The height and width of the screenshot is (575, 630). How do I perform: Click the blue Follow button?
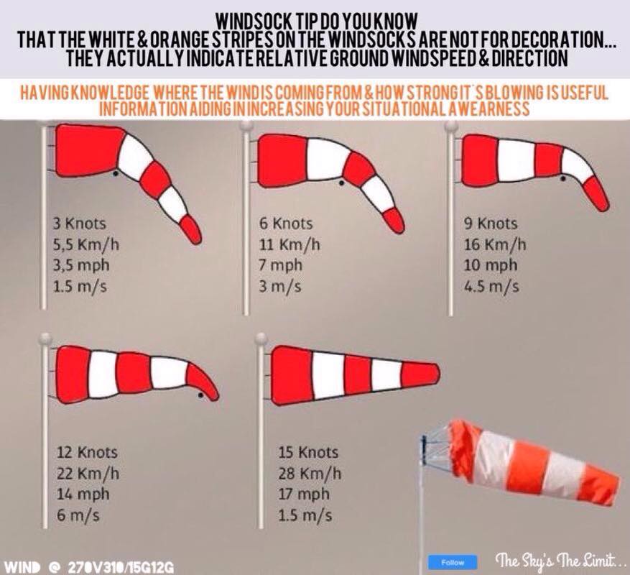tap(453, 562)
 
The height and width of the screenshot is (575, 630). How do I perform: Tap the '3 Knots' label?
tap(80, 224)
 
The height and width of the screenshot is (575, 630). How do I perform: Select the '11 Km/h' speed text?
tap(289, 244)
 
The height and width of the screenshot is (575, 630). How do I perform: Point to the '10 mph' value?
tap(491, 266)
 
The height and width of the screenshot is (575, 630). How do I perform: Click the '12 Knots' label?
tap(87, 452)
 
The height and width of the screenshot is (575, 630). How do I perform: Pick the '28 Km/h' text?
tap(310, 473)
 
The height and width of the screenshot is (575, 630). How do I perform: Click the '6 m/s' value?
tap(78, 515)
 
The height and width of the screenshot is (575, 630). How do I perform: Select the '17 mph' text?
tap(304, 494)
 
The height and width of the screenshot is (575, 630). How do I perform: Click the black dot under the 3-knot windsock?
tap(116, 173)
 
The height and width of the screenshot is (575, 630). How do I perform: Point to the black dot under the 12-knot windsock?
tap(200, 395)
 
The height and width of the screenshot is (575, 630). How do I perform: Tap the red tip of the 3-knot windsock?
tap(191, 229)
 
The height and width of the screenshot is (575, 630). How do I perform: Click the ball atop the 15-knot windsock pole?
tap(261, 339)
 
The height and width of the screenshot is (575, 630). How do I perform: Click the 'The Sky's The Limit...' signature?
tap(555, 560)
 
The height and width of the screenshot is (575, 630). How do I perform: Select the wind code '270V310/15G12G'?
tap(121, 568)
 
